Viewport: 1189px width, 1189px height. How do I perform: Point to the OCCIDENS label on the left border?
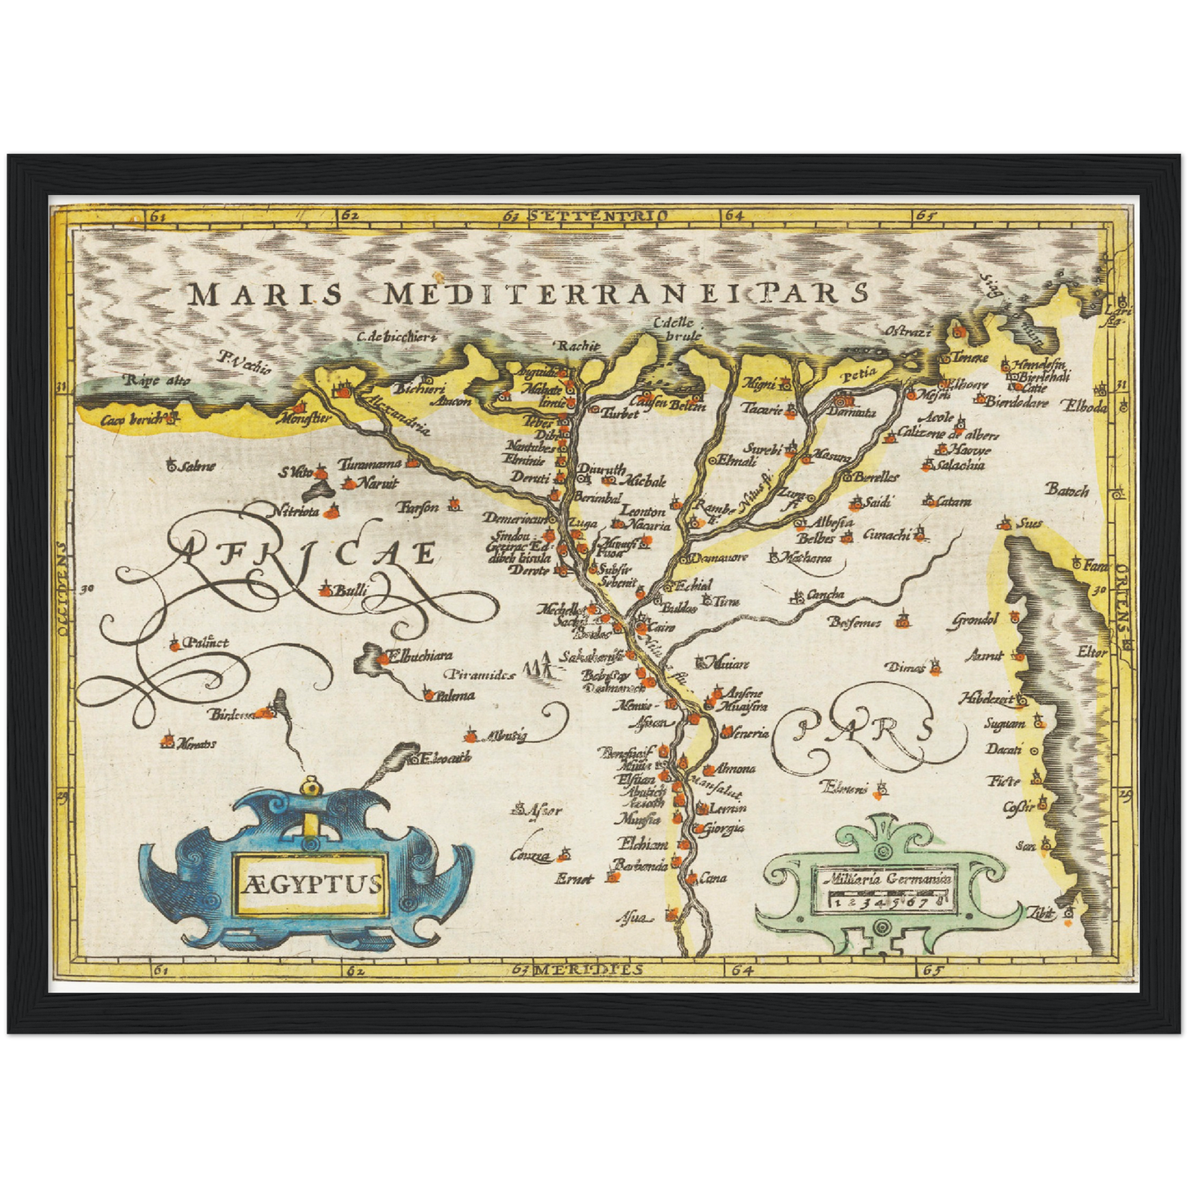pos(63,588)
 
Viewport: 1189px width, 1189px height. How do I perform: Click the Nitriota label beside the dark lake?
pos(294,512)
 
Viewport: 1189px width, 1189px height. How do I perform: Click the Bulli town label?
pos(348,589)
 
